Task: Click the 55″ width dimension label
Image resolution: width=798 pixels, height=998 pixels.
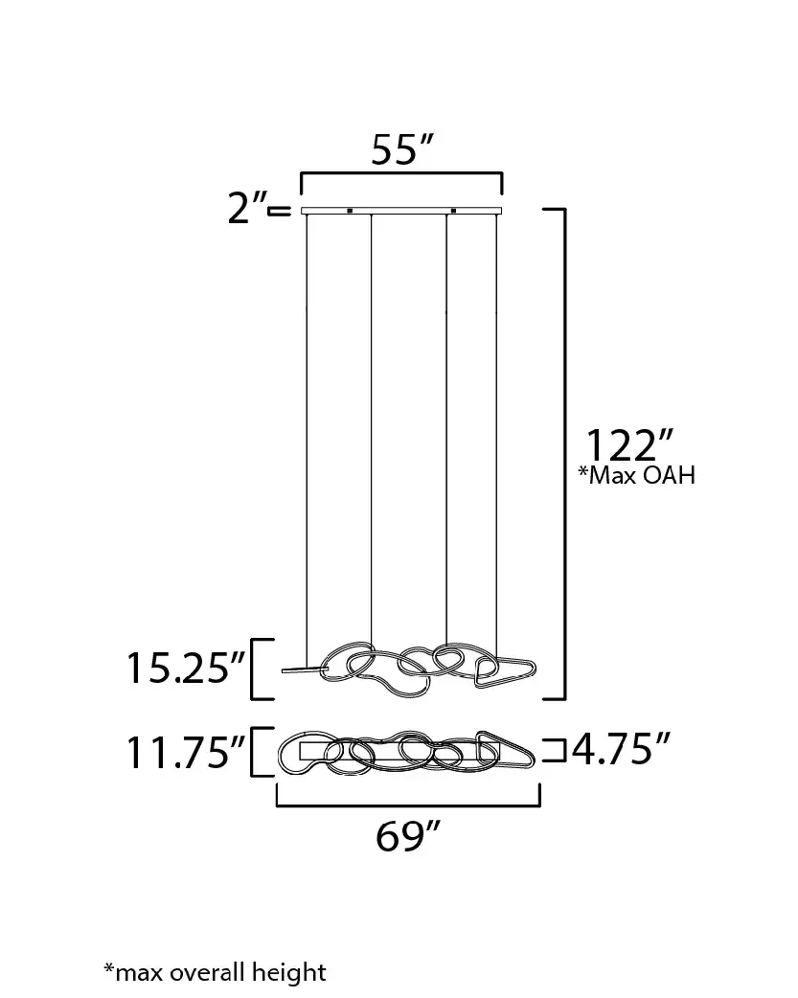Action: (x=401, y=149)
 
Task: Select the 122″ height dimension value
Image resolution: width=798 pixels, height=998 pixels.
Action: (x=628, y=445)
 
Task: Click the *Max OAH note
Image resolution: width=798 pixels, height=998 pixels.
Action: (x=636, y=475)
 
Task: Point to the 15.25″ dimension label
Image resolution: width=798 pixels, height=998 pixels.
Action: (x=186, y=668)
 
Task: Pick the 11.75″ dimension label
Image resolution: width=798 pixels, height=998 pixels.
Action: (x=186, y=752)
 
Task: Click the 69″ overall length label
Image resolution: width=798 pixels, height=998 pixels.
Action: (x=407, y=836)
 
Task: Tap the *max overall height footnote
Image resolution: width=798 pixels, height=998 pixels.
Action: (x=215, y=972)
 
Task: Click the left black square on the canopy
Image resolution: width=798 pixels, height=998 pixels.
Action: (x=349, y=210)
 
